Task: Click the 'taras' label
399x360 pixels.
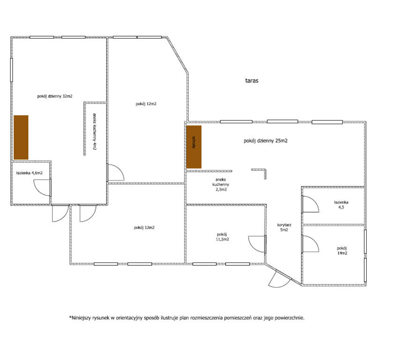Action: pyautogui.click(x=251, y=81)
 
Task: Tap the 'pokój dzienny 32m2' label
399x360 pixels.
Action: pyautogui.click(x=55, y=96)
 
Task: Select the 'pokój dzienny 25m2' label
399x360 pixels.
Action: pyautogui.click(x=266, y=141)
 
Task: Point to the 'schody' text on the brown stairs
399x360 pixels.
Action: pyautogui.click(x=194, y=142)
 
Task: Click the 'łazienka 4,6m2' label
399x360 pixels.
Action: pyautogui.click(x=29, y=173)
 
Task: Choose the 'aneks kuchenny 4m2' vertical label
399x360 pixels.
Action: pyautogui.click(x=95, y=131)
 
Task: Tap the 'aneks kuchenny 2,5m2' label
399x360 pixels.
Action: pyautogui.click(x=221, y=185)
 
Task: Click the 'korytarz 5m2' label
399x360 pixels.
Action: pyautogui.click(x=284, y=227)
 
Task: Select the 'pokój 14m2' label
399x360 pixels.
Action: pyautogui.click(x=342, y=250)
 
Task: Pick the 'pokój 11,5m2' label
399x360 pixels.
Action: pyautogui.click(x=222, y=237)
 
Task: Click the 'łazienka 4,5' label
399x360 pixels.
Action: pyautogui.click(x=341, y=204)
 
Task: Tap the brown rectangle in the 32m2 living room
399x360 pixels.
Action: pyautogui.click(x=21, y=137)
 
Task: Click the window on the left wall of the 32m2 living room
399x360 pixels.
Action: pyautogui.click(x=11, y=70)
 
